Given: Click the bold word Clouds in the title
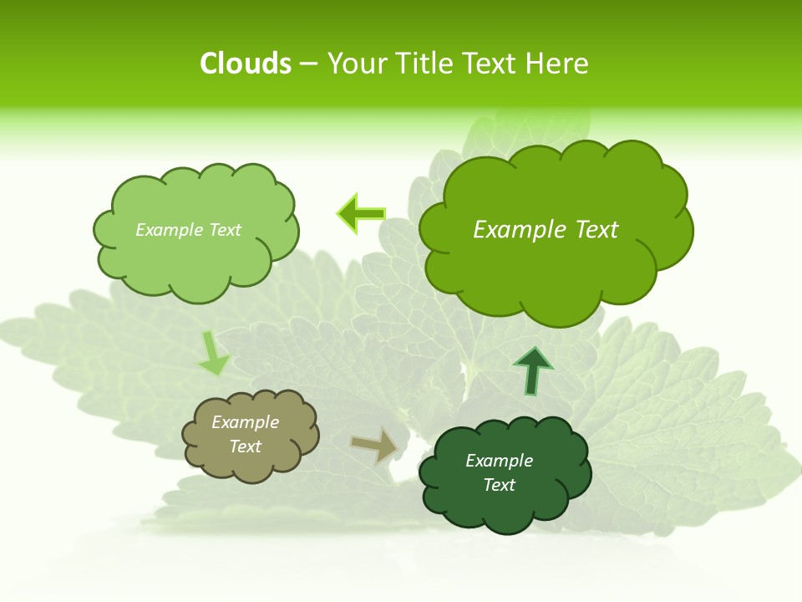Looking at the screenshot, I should point(246,64).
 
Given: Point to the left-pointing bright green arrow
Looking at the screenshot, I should point(361,214).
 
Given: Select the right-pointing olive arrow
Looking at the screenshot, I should point(373,446).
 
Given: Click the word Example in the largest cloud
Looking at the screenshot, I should point(512,230).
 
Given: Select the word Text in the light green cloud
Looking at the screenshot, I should point(225,230).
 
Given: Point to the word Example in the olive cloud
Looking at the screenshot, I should point(246,422).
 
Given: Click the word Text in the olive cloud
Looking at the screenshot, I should point(246,446).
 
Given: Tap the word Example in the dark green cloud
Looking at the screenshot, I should point(500,461).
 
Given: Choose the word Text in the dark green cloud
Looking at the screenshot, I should point(500,485).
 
